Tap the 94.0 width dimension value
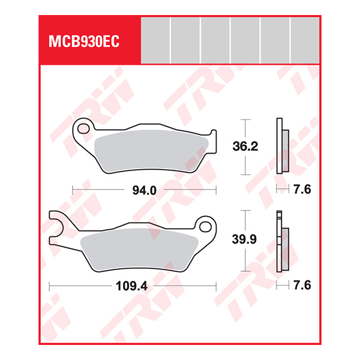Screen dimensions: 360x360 point(144,190)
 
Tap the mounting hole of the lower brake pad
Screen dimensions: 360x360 point(206,227)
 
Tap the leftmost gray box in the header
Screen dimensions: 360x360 point(155,40)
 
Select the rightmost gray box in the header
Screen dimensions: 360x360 point(305,40)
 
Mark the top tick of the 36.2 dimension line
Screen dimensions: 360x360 point(245,118)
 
